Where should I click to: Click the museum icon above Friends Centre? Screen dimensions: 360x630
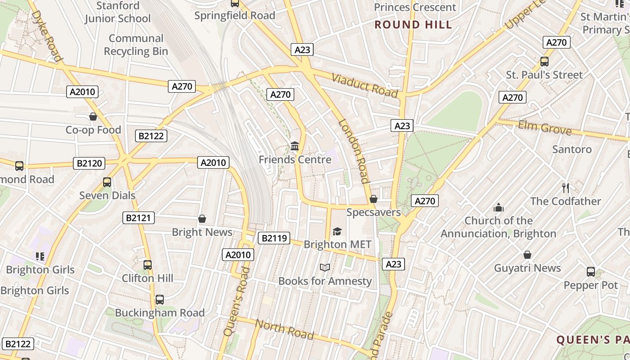coord(295,146)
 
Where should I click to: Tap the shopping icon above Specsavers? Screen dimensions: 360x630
coord(373,199)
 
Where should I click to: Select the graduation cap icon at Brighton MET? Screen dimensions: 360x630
coord(337,231)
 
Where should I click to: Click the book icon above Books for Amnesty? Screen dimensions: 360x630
coord(325,268)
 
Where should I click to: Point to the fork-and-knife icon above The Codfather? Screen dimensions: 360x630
coord(566,188)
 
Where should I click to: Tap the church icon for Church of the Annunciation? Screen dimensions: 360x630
coord(498,207)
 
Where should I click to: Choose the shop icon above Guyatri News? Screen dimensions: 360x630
coord(527,255)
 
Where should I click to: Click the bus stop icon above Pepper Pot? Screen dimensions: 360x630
coord(591,272)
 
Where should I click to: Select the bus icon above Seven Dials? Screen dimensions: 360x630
coord(107,182)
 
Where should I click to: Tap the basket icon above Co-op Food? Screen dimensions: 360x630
coord(93,117)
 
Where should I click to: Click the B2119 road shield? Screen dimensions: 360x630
coord(274,238)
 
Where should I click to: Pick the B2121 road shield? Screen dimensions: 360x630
coord(139,218)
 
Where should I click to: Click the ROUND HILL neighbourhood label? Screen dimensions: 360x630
coord(413,25)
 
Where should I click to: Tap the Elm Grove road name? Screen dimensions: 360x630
coord(544,128)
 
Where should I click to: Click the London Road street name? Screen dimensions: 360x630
coord(354,151)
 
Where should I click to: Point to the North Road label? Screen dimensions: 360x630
coord(284,329)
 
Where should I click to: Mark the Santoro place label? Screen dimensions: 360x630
coord(571,149)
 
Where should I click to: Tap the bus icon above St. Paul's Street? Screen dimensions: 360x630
coord(544,62)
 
